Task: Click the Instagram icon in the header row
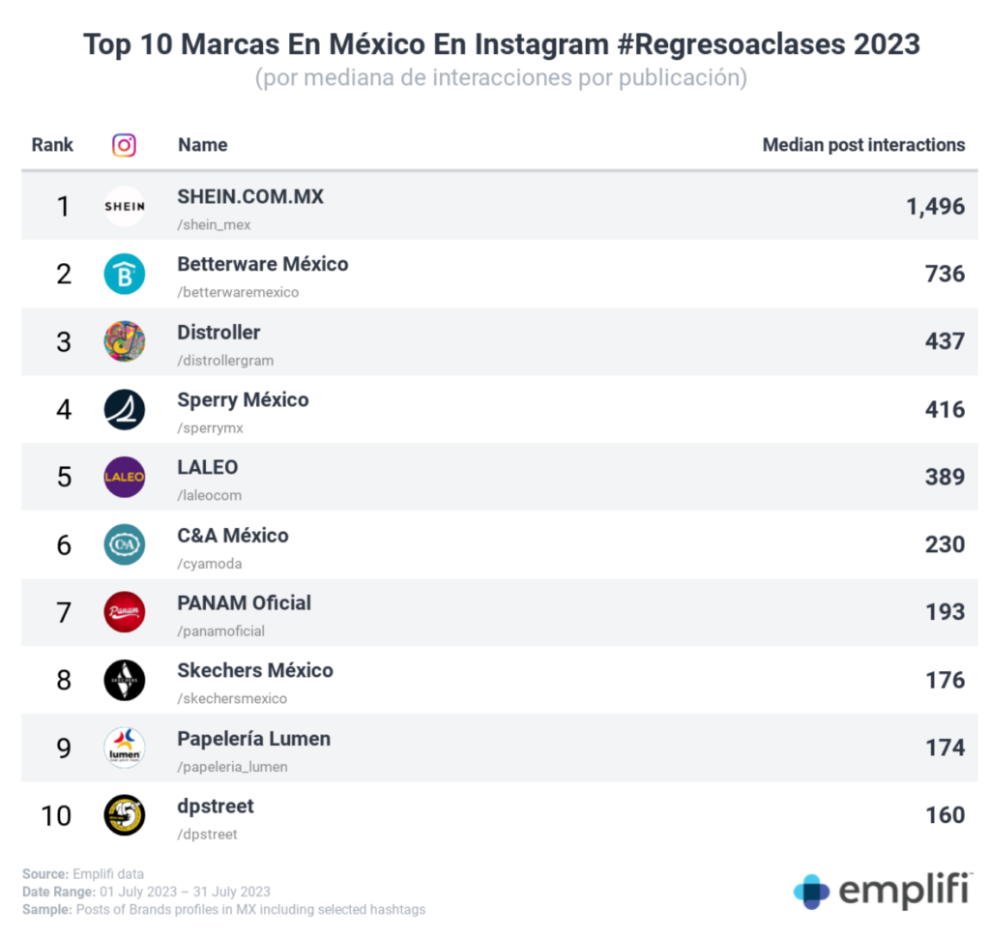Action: [124, 145]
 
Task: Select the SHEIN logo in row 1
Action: [124, 206]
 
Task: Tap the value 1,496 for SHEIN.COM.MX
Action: [935, 206]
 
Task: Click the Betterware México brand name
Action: [262, 264]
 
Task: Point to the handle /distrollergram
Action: [225, 361]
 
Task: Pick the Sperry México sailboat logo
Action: [124, 409]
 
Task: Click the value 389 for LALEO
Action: [945, 477]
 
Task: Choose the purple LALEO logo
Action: [124, 477]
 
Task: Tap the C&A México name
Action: [232, 535]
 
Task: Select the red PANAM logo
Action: [124, 612]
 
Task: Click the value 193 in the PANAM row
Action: [945, 612]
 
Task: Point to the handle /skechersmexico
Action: [232, 699]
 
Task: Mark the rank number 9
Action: [64, 748]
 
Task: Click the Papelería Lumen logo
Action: [124, 748]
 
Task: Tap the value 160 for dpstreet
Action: [945, 815]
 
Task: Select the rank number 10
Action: [57, 815]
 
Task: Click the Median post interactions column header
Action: [863, 145]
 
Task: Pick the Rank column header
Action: [52, 145]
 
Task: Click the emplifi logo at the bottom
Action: [883, 891]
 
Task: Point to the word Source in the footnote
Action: [44, 874]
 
